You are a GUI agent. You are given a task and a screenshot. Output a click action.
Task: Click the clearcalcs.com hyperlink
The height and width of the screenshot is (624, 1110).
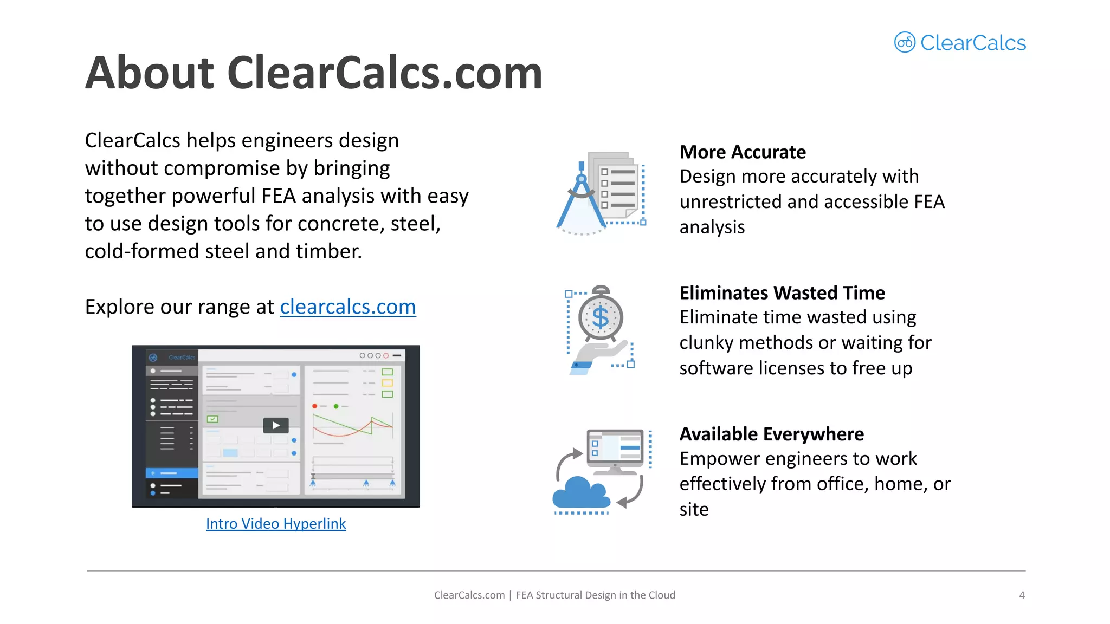pyautogui.click(x=347, y=307)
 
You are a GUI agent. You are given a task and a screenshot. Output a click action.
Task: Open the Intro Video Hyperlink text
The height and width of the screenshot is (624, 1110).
pyautogui.click(x=276, y=524)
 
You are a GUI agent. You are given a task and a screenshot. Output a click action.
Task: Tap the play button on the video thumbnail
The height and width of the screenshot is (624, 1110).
pyautogui.click(x=276, y=425)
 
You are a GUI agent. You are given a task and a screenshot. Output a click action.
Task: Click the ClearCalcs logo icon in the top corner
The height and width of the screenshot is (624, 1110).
pyautogui.click(x=905, y=42)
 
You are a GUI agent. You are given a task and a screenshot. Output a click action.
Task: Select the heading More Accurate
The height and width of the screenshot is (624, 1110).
pyautogui.click(x=743, y=152)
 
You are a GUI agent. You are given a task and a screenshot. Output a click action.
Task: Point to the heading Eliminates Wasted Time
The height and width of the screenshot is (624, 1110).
pyautogui.click(x=782, y=293)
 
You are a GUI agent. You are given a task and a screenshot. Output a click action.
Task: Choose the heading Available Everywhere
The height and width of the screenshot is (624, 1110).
pyautogui.click(x=771, y=434)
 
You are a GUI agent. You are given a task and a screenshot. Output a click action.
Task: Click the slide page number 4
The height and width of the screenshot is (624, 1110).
pyautogui.click(x=1022, y=595)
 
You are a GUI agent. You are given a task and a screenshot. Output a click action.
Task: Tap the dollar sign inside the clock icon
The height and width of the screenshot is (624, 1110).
pyautogui.click(x=601, y=318)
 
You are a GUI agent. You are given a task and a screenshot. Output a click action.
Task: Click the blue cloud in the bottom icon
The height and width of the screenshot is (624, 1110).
pyautogui.click(x=580, y=493)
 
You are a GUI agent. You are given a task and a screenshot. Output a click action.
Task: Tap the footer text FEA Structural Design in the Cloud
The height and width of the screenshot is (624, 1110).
pyautogui.click(x=595, y=595)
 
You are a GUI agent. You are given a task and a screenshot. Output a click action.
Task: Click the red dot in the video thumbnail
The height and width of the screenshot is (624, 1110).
pyautogui.click(x=314, y=406)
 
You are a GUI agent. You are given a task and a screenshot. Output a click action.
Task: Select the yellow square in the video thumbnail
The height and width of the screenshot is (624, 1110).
pyautogui.click(x=387, y=383)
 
